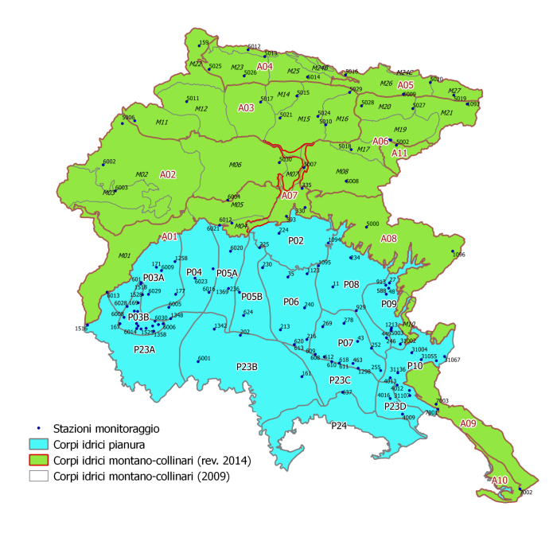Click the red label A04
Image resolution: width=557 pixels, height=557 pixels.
point(265,67)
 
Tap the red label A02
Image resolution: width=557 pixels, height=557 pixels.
point(167,174)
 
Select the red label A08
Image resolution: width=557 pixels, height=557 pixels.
point(388,239)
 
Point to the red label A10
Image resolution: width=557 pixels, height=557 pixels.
point(499,481)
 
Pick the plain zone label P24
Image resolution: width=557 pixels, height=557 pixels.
point(339,427)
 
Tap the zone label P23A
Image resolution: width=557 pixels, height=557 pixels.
point(145,349)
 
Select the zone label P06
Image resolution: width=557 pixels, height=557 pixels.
point(290,302)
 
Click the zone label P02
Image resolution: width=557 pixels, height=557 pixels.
point(296,240)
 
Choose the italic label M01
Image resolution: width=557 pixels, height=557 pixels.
point(123,255)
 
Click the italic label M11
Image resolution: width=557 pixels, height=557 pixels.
point(162,123)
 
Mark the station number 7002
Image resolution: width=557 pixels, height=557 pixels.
point(525,493)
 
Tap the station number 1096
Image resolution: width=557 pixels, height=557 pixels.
point(458,255)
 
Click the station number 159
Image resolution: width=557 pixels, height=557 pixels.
point(204,42)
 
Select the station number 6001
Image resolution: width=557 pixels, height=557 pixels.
point(204,358)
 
